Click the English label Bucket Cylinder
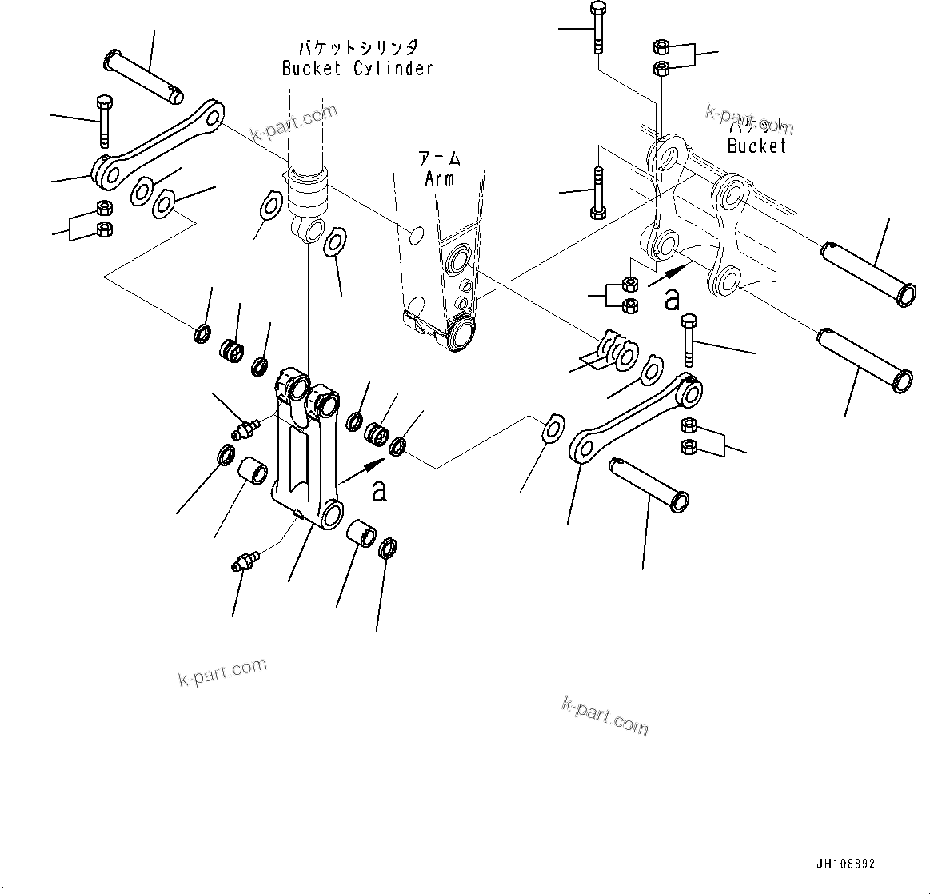click(x=357, y=68)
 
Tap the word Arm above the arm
click(x=440, y=178)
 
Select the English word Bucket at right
click(x=756, y=146)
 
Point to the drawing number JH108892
click(x=845, y=864)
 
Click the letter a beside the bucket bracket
click(x=673, y=298)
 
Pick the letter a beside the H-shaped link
click(x=379, y=489)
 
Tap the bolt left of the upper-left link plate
click(x=103, y=121)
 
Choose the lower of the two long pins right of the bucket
click(x=863, y=357)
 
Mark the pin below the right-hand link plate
click(x=649, y=482)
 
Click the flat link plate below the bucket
click(x=636, y=418)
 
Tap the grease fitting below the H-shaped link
click(x=245, y=560)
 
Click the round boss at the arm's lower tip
click(x=461, y=332)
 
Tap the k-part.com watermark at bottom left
click(x=222, y=672)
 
